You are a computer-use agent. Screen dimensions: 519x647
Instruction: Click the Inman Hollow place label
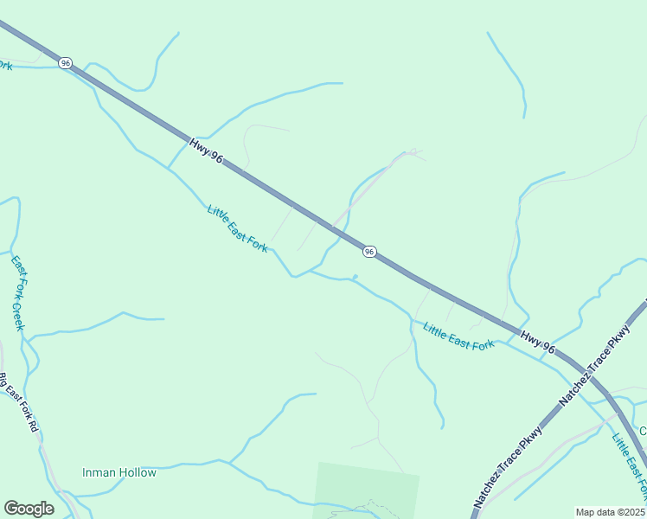pyautogui.click(x=119, y=472)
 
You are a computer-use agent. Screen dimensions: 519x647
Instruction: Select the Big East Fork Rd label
pyautogui.click(x=18, y=402)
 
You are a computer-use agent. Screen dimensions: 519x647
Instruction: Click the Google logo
pyautogui.click(x=29, y=509)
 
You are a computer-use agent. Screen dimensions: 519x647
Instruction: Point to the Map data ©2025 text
pyautogui.click(x=610, y=512)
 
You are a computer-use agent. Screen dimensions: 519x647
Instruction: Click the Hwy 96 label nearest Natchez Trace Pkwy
pyautogui.click(x=537, y=342)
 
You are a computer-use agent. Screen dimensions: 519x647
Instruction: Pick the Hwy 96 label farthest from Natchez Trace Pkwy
pyautogui.click(x=207, y=149)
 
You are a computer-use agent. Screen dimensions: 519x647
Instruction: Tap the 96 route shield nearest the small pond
pyautogui.click(x=369, y=251)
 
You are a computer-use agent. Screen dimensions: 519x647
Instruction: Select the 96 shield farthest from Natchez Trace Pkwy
pyautogui.click(x=66, y=63)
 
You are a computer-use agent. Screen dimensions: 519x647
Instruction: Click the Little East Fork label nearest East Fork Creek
pyautogui.click(x=238, y=228)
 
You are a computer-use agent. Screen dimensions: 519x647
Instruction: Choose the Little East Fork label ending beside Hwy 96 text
pyautogui.click(x=458, y=336)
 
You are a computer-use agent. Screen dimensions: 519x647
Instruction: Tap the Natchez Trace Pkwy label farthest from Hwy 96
pyautogui.click(x=509, y=466)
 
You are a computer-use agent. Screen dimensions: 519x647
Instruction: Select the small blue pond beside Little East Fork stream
pyautogui.click(x=355, y=277)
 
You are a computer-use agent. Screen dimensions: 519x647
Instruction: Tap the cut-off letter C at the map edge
pyautogui.click(x=643, y=431)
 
